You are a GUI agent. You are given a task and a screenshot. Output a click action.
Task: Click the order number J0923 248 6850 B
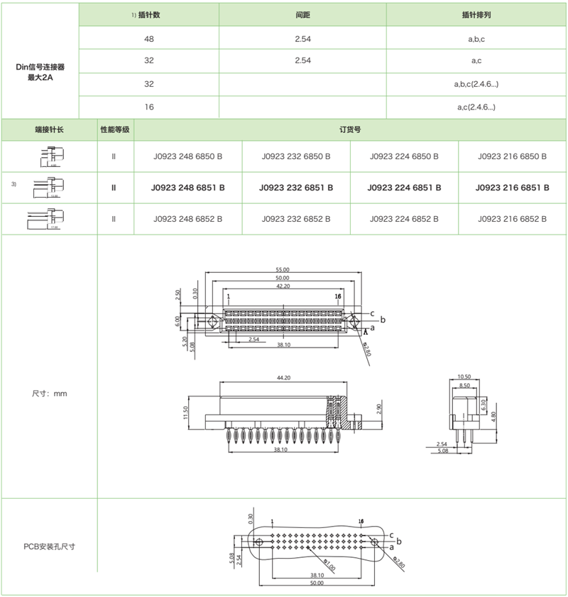188,156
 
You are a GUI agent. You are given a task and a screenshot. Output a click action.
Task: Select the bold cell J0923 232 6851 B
296,188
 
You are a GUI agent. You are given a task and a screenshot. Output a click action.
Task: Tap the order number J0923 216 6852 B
513,219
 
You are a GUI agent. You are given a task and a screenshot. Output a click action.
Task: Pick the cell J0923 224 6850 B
405,156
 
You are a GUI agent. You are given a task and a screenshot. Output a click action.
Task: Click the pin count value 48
149,39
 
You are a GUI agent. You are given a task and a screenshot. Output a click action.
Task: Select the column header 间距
302,14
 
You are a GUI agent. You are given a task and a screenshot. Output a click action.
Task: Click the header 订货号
351,130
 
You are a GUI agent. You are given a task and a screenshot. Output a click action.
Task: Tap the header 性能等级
115,130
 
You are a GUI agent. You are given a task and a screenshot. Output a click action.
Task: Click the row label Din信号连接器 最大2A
40,72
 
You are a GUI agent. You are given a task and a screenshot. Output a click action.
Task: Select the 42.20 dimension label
283,286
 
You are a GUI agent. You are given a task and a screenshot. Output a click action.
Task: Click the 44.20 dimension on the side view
283,377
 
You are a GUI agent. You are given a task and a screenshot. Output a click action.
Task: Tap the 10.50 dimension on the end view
464,377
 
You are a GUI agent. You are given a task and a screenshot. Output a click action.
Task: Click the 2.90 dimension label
380,409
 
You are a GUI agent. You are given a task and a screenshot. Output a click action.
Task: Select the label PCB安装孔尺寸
49,547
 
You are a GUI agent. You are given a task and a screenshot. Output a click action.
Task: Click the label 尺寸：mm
49,393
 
